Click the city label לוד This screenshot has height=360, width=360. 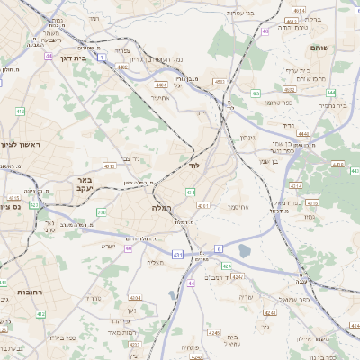[193, 166]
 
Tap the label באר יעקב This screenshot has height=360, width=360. [80, 184]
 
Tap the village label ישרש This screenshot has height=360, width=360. [109, 247]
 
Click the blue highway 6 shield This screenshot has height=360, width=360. [218, 248]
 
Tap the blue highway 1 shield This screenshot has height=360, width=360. [102, 57]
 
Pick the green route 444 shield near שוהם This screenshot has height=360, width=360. [331, 92]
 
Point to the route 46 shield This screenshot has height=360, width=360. [265, 31]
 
